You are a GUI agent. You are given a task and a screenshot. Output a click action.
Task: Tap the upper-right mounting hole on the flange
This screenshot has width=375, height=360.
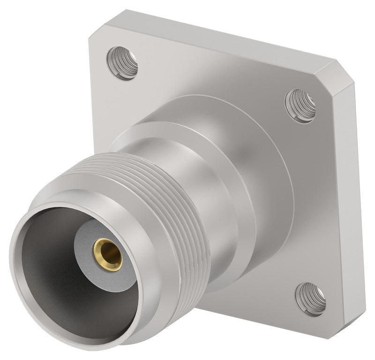point(300,106)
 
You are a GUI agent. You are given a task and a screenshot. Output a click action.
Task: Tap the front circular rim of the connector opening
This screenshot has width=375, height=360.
point(28,281)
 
